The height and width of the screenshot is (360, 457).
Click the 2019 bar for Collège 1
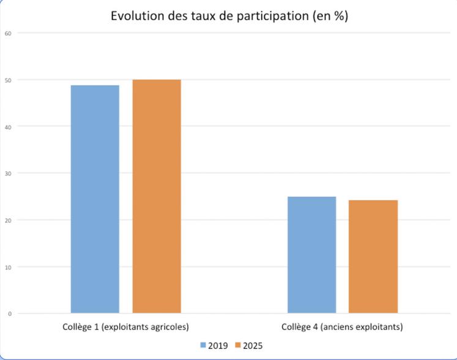click(x=95, y=199)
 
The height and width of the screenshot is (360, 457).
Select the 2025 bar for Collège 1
click(x=157, y=196)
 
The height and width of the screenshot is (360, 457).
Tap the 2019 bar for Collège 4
click(x=311, y=255)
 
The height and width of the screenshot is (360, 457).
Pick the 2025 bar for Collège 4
click(x=373, y=256)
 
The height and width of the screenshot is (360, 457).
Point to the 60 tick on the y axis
click(x=8, y=33)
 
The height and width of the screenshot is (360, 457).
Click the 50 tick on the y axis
click(x=8, y=80)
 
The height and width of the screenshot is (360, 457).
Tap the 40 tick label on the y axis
click(x=8, y=127)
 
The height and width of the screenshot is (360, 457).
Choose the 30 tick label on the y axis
click(x=8, y=173)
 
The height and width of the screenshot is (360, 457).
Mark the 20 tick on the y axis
click(x=8, y=220)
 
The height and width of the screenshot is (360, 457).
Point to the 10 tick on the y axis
click(x=8, y=266)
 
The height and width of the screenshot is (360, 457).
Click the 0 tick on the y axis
click(x=9, y=314)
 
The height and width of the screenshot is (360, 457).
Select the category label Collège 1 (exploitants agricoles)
click(x=125, y=326)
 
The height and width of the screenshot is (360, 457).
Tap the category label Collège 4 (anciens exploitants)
click(x=342, y=326)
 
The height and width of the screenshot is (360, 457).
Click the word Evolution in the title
click(x=138, y=17)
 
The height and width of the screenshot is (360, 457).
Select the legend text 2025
click(x=253, y=346)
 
